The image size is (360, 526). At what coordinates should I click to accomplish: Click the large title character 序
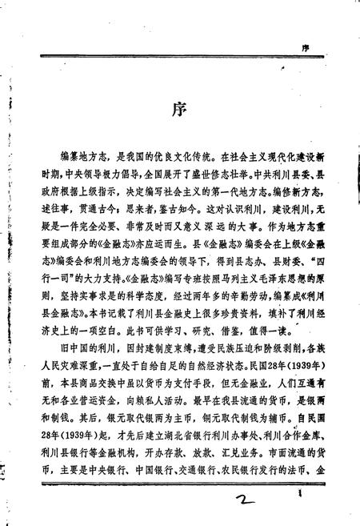[179, 110]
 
